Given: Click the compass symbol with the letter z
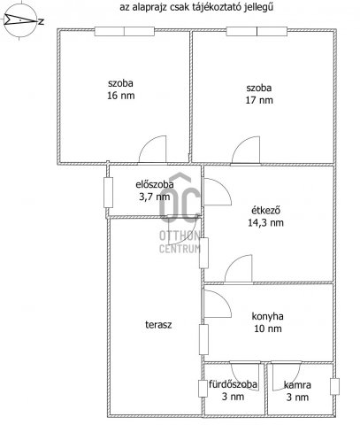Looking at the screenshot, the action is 21,21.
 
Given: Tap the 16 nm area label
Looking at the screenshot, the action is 121,96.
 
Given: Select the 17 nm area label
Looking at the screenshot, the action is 259,100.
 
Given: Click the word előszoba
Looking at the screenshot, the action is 155,185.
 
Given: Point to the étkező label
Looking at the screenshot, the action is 265,211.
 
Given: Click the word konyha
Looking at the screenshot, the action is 267,316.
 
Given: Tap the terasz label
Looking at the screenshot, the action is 158,325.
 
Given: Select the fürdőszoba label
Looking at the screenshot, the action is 233,384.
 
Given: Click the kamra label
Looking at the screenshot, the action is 297,385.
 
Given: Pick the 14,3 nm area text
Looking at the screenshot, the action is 265,223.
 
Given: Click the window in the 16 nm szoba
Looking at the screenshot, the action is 125,32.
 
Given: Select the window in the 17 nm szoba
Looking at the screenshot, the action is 257,31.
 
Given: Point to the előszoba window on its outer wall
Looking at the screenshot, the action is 109,192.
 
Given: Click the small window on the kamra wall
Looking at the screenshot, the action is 334,387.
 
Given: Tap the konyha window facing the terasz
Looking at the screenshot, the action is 203,339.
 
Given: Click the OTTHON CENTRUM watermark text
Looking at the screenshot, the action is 180,242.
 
